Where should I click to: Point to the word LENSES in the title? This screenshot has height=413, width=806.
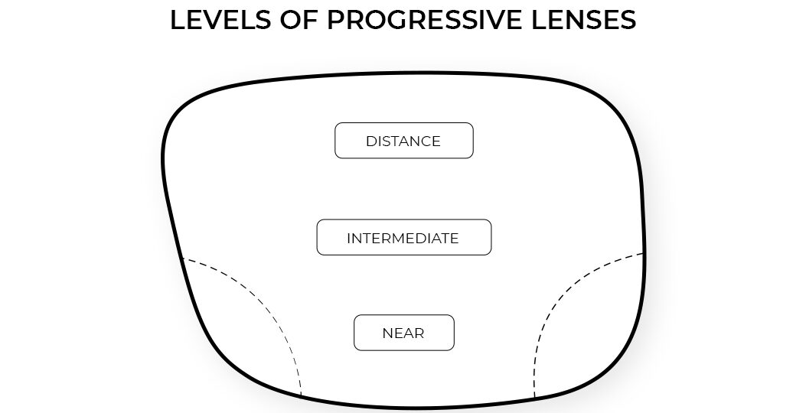click(x=582, y=21)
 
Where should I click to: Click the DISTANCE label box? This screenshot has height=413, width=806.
click(x=403, y=141)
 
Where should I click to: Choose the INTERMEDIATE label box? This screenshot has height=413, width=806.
click(x=403, y=238)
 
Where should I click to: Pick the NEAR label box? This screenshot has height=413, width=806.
click(x=403, y=333)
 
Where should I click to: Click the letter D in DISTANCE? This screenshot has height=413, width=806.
click(x=370, y=141)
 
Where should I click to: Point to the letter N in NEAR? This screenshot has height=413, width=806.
click(x=387, y=333)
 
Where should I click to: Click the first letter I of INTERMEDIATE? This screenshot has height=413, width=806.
click(x=349, y=239)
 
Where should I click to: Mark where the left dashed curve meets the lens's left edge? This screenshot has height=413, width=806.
click(x=182, y=259)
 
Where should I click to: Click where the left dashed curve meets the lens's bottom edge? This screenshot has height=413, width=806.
click(x=302, y=395)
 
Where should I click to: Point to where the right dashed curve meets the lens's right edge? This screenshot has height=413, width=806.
click(x=644, y=253)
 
